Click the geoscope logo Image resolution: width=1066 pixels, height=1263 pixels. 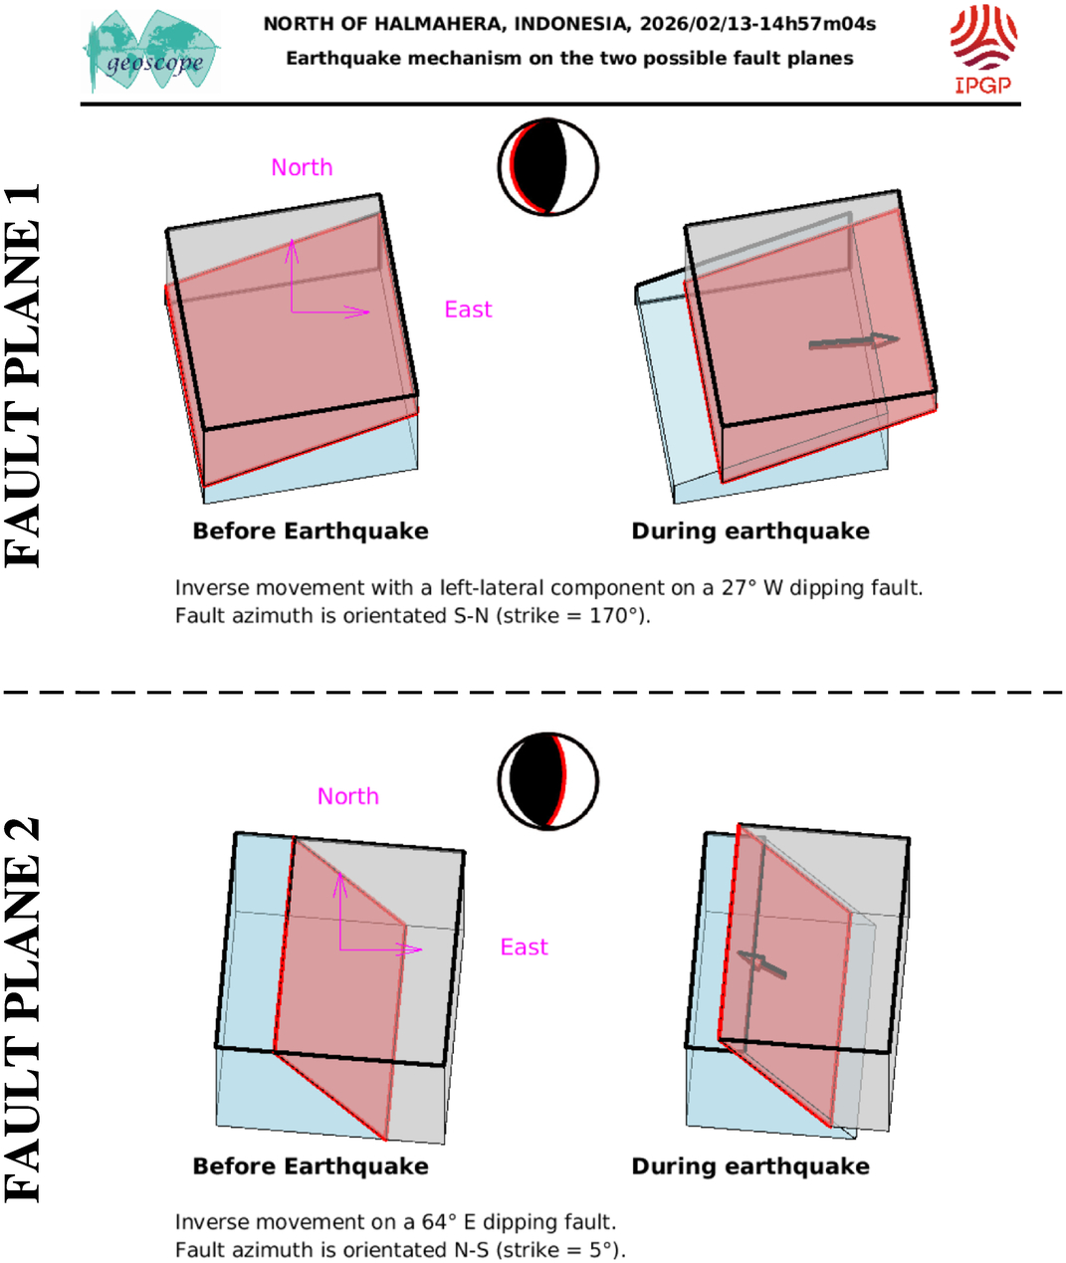pyautogui.click(x=151, y=51)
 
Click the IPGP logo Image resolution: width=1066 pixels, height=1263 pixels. pyautogui.click(x=983, y=50)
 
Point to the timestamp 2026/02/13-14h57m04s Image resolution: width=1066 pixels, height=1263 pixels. pyautogui.click(x=757, y=24)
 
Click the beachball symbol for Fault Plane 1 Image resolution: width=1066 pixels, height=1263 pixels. pyautogui.click(x=548, y=167)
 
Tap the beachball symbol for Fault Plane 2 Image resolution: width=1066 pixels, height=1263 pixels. pyautogui.click(x=548, y=781)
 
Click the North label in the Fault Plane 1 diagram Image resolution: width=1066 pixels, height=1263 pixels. pyautogui.click(x=302, y=167)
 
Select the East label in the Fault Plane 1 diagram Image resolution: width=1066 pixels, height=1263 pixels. pyautogui.click(x=468, y=310)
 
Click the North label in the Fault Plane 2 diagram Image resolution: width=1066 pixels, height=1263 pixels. pyautogui.click(x=348, y=796)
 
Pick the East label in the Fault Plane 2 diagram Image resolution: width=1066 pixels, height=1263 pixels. pyautogui.click(x=524, y=947)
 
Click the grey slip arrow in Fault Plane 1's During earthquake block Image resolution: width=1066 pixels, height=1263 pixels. pyautogui.click(x=854, y=341)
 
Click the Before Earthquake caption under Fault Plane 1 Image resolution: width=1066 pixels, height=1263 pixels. pyautogui.click(x=311, y=531)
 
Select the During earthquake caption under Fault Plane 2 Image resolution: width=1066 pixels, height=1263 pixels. pyautogui.click(x=750, y=1166)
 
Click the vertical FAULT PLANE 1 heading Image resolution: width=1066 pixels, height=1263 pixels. pyautogui.click(x=22, y=375)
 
